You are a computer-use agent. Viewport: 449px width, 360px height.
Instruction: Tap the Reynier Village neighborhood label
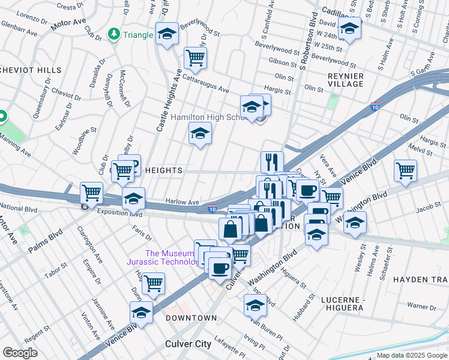[345, 80]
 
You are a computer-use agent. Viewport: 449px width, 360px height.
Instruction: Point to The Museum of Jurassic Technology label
[162, 257]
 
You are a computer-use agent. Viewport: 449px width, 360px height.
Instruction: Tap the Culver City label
[188, 344]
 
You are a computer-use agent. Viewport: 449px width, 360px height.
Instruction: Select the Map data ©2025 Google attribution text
[411, 355]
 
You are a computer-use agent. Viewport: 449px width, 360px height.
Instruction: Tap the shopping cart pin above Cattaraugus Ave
[194, 58]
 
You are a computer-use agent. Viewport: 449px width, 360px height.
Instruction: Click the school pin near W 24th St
[349, 28]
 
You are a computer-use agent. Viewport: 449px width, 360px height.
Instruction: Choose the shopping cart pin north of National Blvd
[91, 193]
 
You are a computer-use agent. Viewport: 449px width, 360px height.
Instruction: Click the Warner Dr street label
[421, 306]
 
